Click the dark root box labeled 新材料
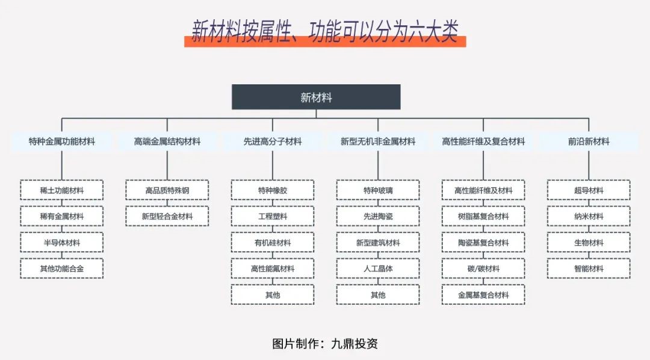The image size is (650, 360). pos(316,97)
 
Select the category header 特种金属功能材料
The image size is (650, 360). pos(62,141)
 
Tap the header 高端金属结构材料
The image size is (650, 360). pos(167,141)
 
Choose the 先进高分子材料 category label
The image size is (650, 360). pos(273,141)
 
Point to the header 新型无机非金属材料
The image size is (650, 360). pos(377,141)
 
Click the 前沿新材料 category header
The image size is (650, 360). pos(589,141)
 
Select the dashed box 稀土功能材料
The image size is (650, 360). pos(62,190)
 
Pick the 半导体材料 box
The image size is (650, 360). pos(62,243)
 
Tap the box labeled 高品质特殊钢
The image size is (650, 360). pos(167,190)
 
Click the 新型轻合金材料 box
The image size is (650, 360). pos(167,216)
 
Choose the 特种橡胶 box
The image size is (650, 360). pos(273,190)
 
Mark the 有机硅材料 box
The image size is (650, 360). pos(273,243)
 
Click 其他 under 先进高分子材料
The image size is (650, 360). pos(273,295)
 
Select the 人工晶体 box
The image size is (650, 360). pos(377,268)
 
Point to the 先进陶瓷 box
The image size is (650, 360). pos(377,216)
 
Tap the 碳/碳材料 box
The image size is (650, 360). pos(483,268)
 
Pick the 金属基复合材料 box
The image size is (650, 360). pos(483,295)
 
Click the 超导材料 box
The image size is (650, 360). pos(589,190)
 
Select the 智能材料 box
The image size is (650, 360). pos(589,268)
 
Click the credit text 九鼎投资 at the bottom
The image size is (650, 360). pos(354,343)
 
